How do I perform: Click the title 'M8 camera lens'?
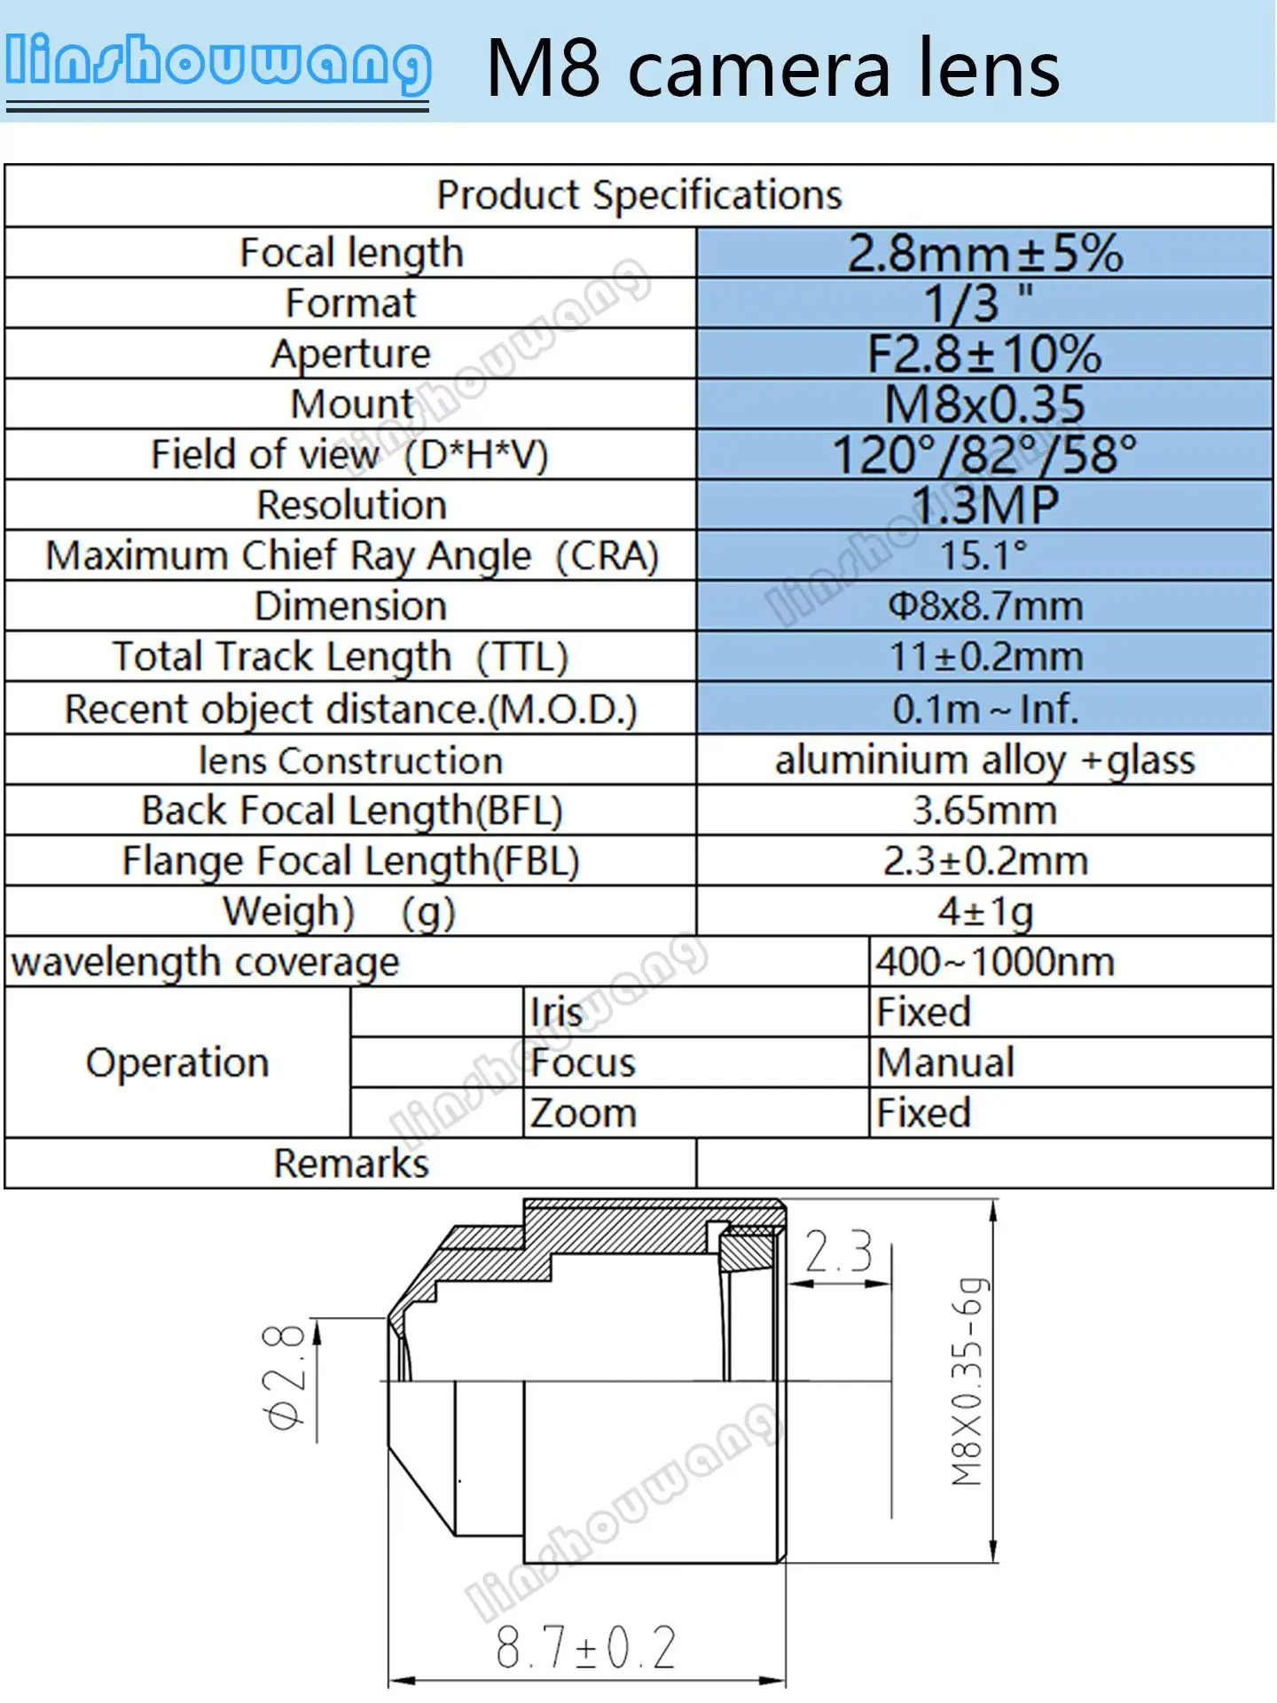click(x=773, y=69)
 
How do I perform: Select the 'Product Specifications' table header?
click(x=639, y=195)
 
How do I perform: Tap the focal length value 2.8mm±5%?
click(x=985, y=253)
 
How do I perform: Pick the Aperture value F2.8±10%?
click(x=984, y=354)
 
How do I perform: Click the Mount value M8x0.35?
click(x=984, y=404)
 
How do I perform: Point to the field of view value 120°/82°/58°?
click(x=984, y=455)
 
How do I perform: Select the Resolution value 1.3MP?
click(x=985, y=506)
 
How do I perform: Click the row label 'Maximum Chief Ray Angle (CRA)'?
click(x=352, y=556)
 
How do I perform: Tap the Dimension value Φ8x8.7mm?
click(x=985, y=607)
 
